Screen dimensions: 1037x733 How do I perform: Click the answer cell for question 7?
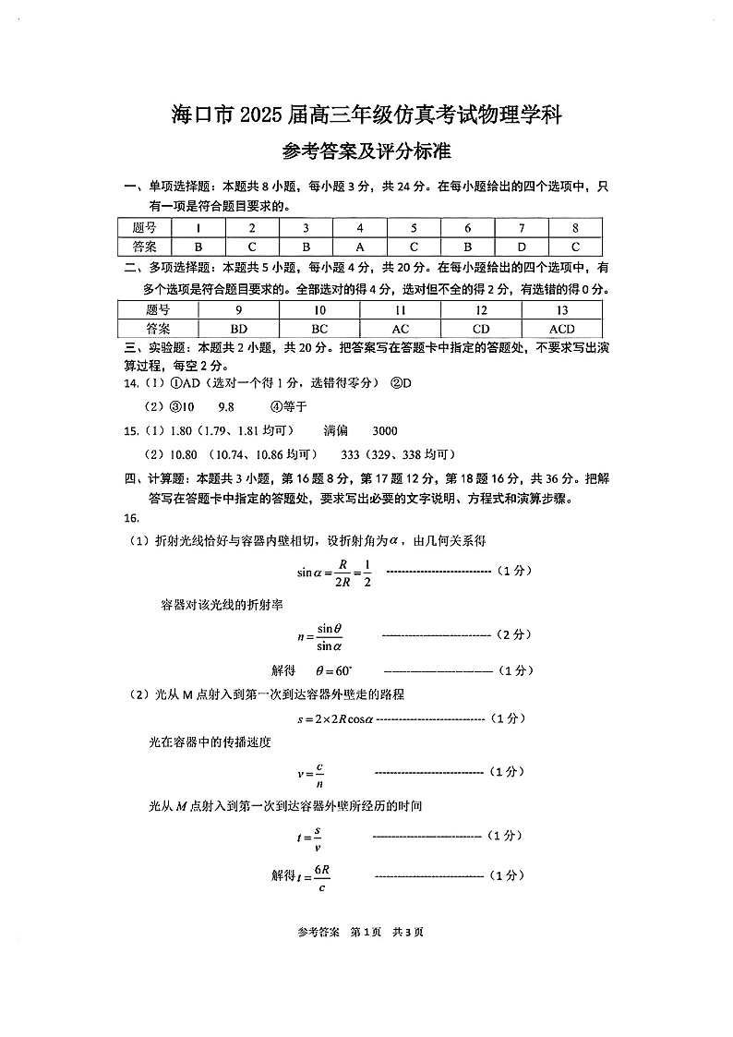point(522,247)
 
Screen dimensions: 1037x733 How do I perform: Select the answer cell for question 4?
point(360,247)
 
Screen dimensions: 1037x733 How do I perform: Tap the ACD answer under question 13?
point(561,329)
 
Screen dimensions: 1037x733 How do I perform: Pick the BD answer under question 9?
point(238,329)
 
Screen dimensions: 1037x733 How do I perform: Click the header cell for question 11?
point(400,310)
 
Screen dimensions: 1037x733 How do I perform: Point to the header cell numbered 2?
point(252,228)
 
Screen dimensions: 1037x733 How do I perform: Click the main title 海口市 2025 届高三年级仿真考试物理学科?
point(366,115)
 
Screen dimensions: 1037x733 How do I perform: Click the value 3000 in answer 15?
point(384,430)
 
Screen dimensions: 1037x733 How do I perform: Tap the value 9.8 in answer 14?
point(226,406)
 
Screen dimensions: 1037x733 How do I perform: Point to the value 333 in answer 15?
point(350,454)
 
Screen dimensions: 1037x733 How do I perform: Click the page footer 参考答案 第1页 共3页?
point(366,932)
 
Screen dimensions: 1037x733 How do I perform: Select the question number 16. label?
point(130,518)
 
